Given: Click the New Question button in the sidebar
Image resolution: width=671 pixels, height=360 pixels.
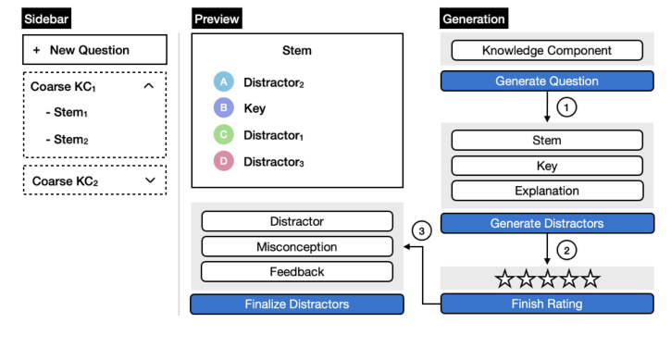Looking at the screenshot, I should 93,50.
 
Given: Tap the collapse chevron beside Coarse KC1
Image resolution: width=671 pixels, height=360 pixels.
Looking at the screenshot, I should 149,86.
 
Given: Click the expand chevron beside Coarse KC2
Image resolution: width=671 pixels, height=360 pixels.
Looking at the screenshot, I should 149,180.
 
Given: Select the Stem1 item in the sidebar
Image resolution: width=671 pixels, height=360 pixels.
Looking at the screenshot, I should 69,114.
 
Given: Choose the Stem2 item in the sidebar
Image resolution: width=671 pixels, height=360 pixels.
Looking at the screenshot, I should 69,141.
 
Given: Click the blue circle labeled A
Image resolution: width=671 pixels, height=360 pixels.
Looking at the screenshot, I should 222,82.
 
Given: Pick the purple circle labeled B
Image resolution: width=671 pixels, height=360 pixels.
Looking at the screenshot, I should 222,108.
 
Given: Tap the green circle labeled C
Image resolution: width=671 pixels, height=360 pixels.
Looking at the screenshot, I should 222,135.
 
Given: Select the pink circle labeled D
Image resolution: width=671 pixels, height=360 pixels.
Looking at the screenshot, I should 222,162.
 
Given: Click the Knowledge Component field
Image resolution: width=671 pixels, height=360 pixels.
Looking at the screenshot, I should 546,51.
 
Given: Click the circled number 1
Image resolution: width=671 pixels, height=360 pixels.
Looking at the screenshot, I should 569,106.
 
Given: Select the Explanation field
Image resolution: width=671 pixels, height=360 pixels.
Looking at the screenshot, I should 546,192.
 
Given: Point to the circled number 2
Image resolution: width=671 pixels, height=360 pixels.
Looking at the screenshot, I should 569,248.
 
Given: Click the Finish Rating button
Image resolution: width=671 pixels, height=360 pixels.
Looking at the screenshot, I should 546,304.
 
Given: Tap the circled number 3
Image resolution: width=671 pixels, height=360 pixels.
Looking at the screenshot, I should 422,231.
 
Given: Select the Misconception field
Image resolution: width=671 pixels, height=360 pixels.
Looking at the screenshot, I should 296,247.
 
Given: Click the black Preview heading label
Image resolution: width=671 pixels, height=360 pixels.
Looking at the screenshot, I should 217,19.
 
